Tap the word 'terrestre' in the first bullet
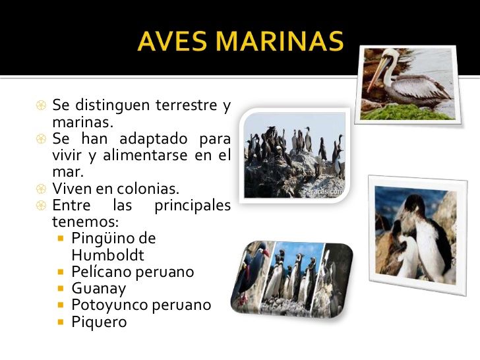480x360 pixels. (187, 105)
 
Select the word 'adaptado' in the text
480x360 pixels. (153, 138)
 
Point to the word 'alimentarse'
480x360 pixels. (145, 155)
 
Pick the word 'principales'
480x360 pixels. (193, 206)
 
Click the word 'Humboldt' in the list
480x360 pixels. (107, 255)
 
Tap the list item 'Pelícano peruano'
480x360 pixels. (133, 272)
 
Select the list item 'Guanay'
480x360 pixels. (99, 289)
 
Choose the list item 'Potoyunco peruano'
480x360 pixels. (141, 305)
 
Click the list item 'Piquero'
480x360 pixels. (99, 322)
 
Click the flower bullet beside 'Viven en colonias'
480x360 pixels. (41, 189)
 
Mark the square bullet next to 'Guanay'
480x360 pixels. (61, 288)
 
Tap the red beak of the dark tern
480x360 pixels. (266, 253)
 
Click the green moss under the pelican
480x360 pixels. (407, 111)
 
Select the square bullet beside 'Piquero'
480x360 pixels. (61, 322)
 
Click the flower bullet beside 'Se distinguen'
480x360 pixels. (41, 105)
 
